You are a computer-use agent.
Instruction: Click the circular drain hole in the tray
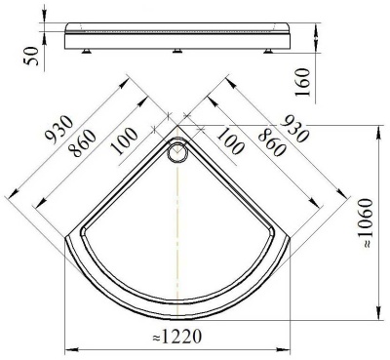click(x=178, y=151)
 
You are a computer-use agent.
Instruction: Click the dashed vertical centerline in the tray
click(x=178, y=224)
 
